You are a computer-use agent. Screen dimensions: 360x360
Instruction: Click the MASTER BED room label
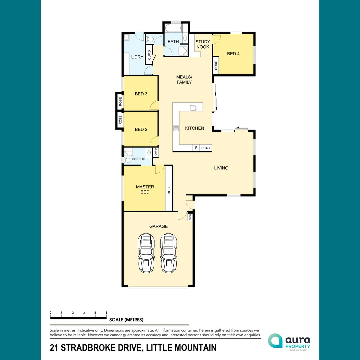(145, 189)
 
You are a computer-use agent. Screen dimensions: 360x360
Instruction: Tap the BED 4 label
(233, 54)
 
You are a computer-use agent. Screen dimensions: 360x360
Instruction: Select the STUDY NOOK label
(203, 44)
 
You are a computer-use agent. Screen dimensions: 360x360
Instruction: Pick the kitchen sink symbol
(193, 108)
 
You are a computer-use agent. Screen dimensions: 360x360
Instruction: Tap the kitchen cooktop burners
(176, 128)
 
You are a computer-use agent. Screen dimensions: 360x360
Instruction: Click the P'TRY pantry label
(205, 148)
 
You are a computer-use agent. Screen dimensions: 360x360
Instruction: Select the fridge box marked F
(196, 148)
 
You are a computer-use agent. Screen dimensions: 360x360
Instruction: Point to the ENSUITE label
(139, 159)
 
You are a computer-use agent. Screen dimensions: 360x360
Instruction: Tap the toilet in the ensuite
(127, 160)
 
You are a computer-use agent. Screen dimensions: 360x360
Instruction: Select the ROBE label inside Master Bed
(169, 190)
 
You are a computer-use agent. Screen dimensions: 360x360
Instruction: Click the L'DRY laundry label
(137, 57)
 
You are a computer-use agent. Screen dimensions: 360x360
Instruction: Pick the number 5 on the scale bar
(106, 312)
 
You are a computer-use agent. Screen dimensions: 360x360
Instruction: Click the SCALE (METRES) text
(126, 320)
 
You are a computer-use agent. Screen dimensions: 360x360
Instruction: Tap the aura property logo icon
(275, 341)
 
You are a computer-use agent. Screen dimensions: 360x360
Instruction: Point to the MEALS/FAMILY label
(184, 79)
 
